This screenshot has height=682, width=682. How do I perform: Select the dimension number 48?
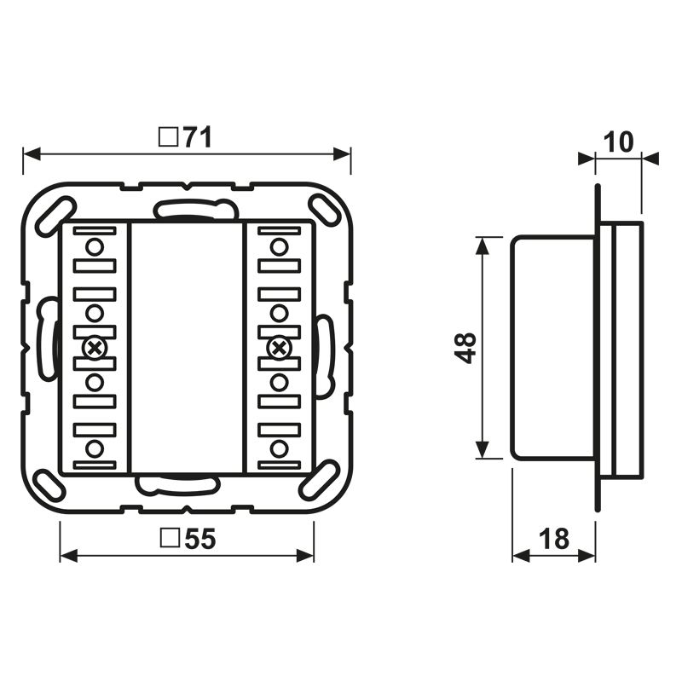pyautogui.click(x=465, y=348)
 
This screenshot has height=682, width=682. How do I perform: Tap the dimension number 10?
pyautogui.click(x=620, y=142)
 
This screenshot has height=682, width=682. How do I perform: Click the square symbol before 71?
pyautogui.click(x=169, y=137)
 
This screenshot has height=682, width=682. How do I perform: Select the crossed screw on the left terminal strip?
pyautogui.click(x=95, y=347)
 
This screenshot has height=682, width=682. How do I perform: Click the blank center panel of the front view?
pyautogui.click(x=186, y=348)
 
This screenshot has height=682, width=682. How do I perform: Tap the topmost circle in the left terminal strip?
pyautogui.click(x=95, y=247)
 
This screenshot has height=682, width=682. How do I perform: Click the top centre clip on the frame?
pyautogui.click(x=194, y=208)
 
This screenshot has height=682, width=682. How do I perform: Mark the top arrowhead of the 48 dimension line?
pyautogui.click(x=483, y=244)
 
